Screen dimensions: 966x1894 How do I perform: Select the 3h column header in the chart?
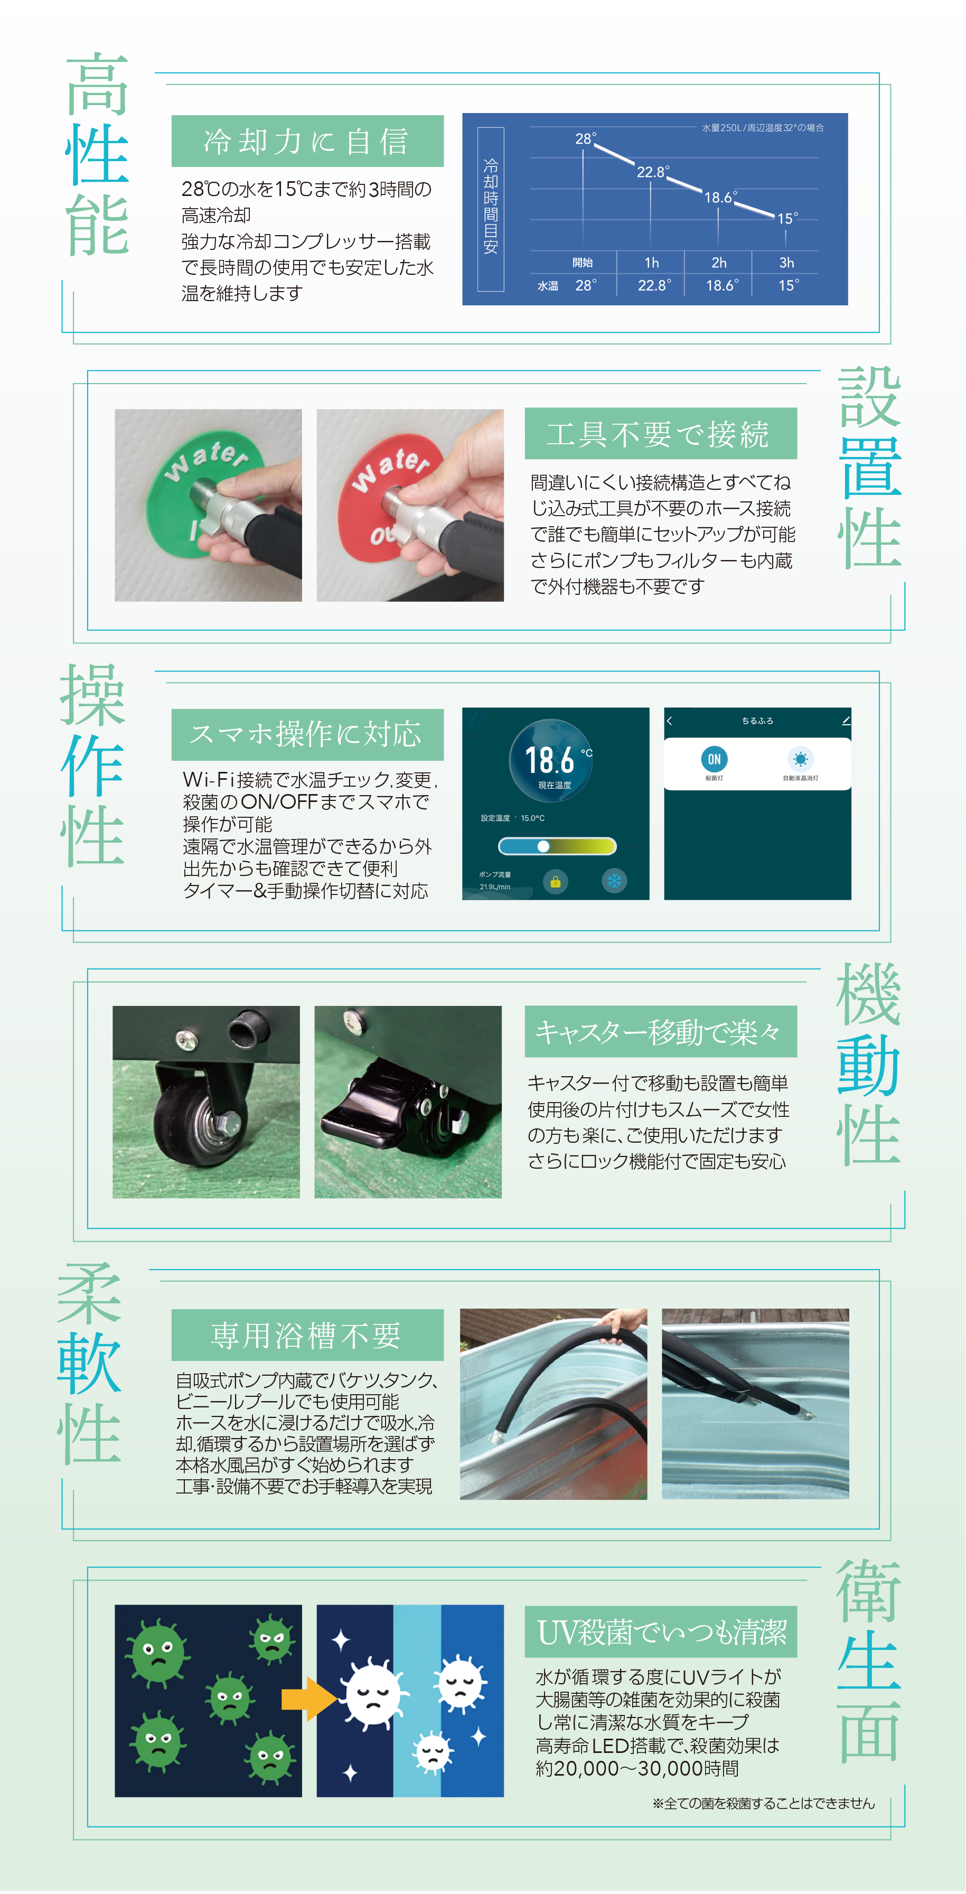[786, 263]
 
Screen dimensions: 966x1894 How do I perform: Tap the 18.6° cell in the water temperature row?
[722, 285]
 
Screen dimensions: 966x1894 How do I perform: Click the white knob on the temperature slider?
[543, 846]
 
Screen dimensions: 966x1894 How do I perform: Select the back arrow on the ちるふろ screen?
[669, 721]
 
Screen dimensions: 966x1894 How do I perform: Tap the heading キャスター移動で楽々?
[659, 1032]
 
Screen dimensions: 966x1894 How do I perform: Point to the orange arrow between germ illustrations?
[308, 1699]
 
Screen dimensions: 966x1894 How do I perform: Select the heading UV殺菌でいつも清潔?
[661, 1632]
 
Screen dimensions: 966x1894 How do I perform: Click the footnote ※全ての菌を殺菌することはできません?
[764, 1804]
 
